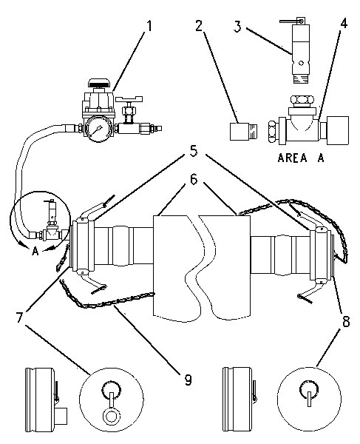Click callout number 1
[x=149, y=26]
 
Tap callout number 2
[x=199, y=27]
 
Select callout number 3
[x=237, y=27]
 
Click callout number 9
[x=188, y=380]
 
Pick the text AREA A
[x=301, y=158]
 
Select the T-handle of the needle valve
[x=129, y=99]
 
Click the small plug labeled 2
[x=243, y=132]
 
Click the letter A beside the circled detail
[x=35, y=251]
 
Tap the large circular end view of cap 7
[x=112, y=400]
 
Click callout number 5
[x=194, y=152]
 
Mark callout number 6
[x=194, y=180]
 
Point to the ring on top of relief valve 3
[x=302, y=21]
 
